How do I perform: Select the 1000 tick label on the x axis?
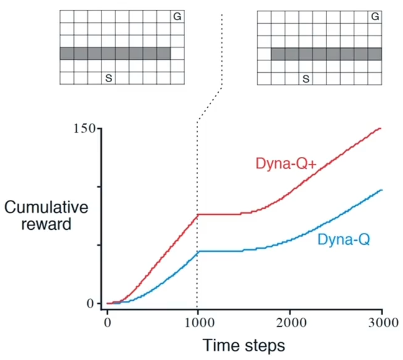click(x=197, y=323)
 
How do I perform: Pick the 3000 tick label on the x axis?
click(x=381, y=323)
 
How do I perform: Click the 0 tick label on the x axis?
click(x=107, y=323)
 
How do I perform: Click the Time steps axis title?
click(x=244, y=344)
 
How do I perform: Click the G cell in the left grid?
click(x=178, y=17)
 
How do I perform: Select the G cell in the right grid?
click(x=374, y=17)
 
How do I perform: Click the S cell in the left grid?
click(x=108, y=78)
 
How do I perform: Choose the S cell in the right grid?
click(x=305, y=78)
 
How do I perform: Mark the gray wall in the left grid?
click(x=115, y=54)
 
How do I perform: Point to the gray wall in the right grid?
click(x=326, y=54)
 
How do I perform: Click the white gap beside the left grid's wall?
click(x=178, y=54)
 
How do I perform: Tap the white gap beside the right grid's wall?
click(x=264, y=54)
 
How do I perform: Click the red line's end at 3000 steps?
click(x=380, y=129)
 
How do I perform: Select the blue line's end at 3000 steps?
click(x=380, y=190)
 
